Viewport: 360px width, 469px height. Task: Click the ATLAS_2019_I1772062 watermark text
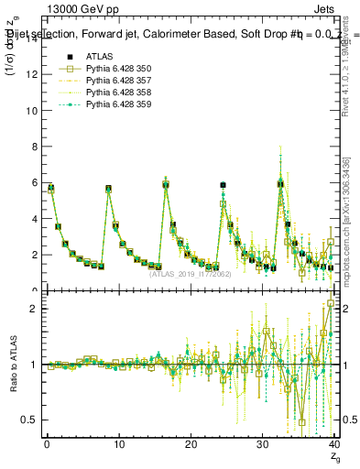pos(191,273)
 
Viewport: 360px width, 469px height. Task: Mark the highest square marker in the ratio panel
pos(331,303)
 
